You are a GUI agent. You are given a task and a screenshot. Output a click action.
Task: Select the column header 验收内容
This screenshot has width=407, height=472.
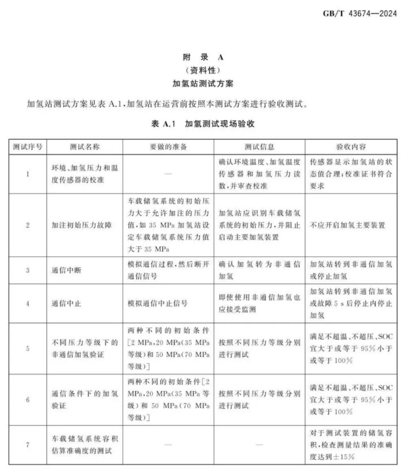[x=347, y=146]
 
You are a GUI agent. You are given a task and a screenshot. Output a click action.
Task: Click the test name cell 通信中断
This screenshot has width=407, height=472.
[x=65, y=270]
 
